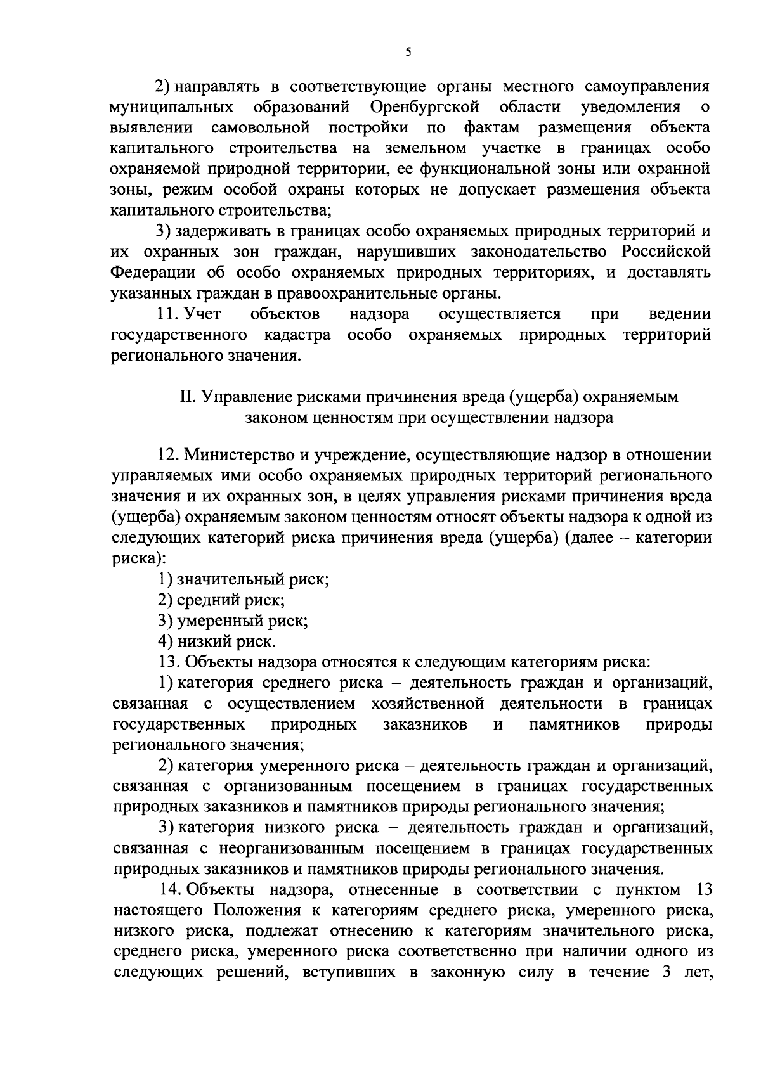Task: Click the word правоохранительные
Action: click(x=367, y=293)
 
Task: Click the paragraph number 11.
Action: click(x=168, y=314)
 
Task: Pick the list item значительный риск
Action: click(x=253, y=579)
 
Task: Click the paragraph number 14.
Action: click(x=169, y=890)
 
